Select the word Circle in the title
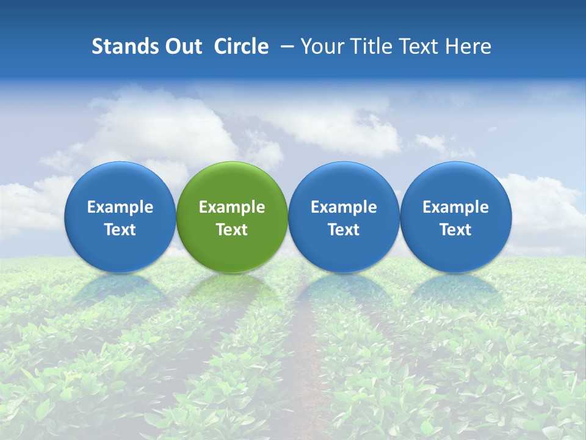[x=241, y=46]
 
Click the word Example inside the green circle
[x=232, y=207]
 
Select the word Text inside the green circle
[x=232, y=230]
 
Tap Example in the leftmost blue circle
[x=120, y=207]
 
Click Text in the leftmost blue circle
[x=120, y=230]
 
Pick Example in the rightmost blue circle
[x=455, y=207]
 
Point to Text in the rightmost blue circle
[x=455, y=230]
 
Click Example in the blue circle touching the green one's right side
[x=344, y=207]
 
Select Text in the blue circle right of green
[x=344, y=230]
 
